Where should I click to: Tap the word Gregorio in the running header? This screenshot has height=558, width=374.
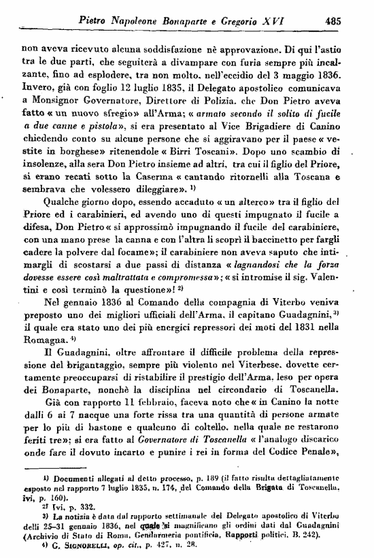click(x=258, y=20)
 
